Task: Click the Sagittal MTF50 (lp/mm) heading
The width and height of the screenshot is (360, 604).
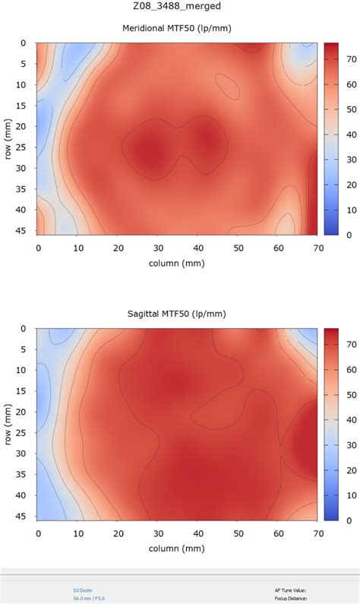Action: pos(179,314)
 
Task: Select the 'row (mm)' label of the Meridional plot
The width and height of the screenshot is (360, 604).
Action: pos(8,139)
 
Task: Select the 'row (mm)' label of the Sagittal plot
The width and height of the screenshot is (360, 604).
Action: pos(8,424)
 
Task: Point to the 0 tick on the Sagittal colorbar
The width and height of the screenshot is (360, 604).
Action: pos(349,520)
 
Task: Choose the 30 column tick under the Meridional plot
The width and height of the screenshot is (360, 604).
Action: pos(157,248)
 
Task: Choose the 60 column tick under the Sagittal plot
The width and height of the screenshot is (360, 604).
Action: pos(278,533)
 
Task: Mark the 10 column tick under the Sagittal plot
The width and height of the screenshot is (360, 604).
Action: pos(77,533)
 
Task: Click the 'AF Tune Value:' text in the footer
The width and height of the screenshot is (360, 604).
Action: pos(291,590)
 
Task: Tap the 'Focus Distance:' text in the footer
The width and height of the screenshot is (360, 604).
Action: pos(291,598)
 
